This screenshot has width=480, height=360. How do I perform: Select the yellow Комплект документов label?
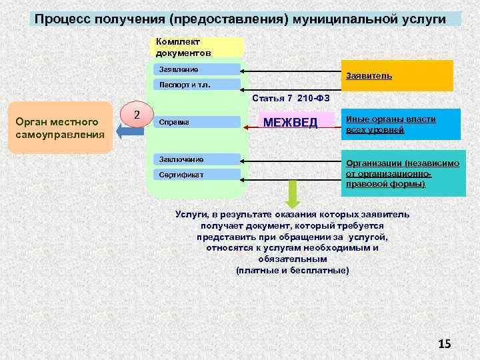point(198,47)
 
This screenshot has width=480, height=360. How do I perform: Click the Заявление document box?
point(197,69)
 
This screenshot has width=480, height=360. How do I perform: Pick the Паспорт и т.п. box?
point(197,85)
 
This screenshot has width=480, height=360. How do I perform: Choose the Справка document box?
point(197,122)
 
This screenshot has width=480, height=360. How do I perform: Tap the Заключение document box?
point(197,159)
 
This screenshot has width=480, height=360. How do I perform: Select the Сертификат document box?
point(197,175)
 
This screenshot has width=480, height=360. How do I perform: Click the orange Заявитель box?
point(397,76)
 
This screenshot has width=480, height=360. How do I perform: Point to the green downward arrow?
point(293,195)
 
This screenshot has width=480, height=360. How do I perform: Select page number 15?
point(444,343)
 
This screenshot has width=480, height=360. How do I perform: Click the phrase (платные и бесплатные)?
point(292,270)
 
